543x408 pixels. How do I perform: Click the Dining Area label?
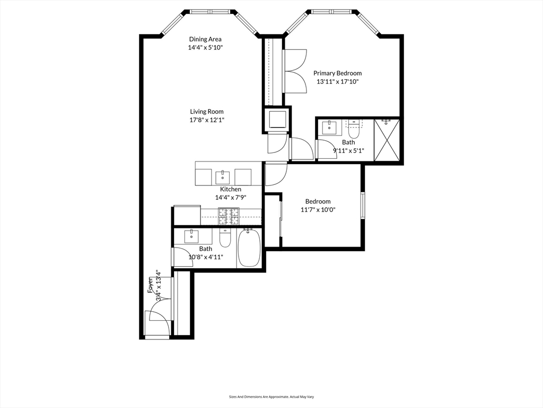click(205, 39)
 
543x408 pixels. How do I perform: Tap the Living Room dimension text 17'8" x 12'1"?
click(207, 120)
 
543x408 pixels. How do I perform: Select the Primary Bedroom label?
click(337, 73)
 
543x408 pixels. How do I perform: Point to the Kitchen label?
click(231, 189)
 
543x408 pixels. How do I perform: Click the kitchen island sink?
click(222, 175)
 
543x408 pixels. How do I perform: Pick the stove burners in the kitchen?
click(229, 215)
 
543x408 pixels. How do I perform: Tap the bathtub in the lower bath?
click(249, 248)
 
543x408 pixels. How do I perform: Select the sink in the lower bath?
click(191, 235)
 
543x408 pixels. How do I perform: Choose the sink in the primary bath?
click(329, 127)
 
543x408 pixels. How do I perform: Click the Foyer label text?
click(151, 285)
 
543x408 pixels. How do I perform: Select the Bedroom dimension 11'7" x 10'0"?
click(318, 210)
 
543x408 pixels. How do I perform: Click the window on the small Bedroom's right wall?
click(363, 205)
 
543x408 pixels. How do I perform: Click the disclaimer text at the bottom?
click(271, 396)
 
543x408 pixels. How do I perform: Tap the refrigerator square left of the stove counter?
click(187, 215)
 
